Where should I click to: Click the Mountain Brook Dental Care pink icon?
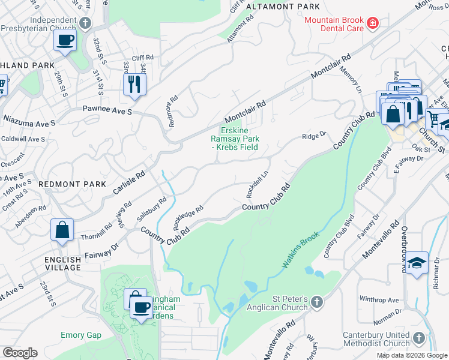click(373, 23)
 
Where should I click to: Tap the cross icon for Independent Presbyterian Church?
click(85, 23)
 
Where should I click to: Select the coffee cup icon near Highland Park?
click(65, 41)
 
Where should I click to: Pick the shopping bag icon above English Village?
click(62, 230)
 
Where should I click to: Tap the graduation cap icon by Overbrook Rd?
click(417, 262)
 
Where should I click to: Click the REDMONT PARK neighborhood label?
click(72, 184)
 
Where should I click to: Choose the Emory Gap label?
click(80, 335)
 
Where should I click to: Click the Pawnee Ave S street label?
click(106, 112)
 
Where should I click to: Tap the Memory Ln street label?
click(352, 78)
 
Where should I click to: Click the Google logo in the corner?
click(20, 353)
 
